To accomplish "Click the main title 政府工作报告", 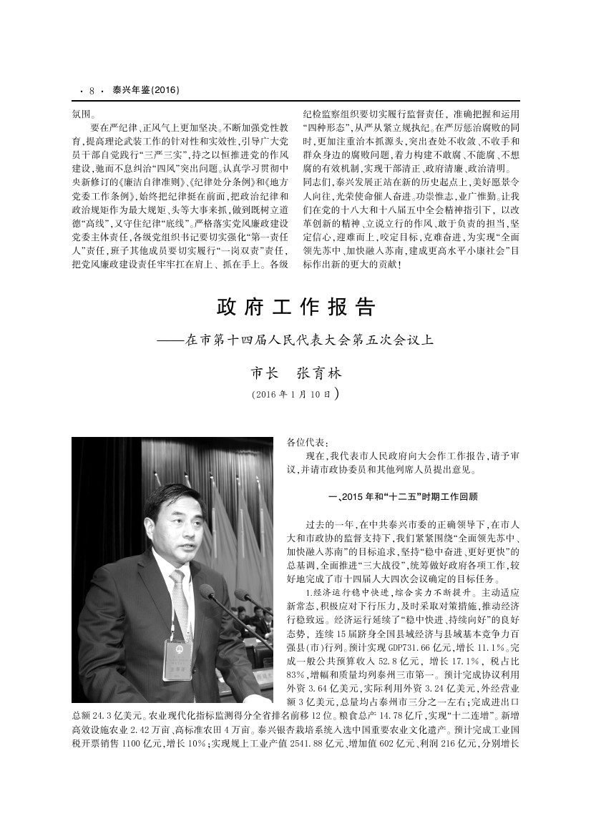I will [x=295, y=308].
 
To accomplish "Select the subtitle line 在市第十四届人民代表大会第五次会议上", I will [x=309, y=340].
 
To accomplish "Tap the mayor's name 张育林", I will [x=319, y=374].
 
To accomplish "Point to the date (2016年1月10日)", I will [x=295, y=393].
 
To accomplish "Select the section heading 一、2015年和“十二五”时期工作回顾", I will [x=401, y=496].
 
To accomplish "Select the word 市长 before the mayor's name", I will [x=265, y=374].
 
